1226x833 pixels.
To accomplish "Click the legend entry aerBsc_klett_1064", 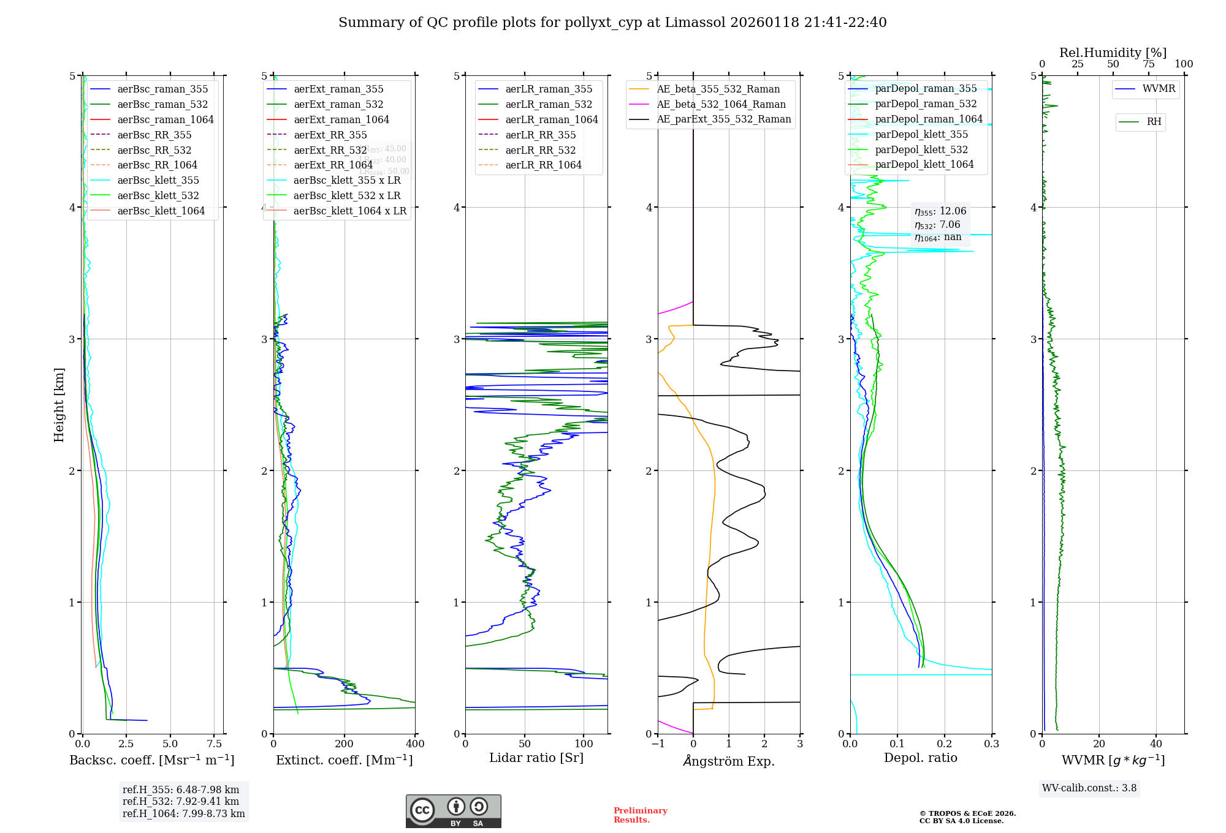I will pos(161,211).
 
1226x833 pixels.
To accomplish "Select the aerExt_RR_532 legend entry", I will pos(330,150).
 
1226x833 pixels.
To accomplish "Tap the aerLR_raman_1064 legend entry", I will pos(551,119).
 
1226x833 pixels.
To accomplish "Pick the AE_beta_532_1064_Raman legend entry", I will pos(721,104).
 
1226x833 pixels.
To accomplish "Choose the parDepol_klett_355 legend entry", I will pos(921,134).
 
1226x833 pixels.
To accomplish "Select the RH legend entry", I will pos(1154,122).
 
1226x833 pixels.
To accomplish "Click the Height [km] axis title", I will pos(59,405).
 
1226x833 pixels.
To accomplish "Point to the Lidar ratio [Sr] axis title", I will pos(536,758).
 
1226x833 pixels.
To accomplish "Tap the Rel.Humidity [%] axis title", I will pos(1113,53).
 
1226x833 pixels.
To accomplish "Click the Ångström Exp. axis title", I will pos(729,761).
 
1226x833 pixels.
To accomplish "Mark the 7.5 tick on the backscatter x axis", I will pos(214,744).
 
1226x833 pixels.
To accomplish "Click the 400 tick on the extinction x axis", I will pos(415,744).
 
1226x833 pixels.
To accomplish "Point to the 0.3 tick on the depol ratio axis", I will pos(991,744).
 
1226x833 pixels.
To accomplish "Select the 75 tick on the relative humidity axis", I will pos(1148,64).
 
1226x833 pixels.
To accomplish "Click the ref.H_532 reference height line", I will pos(181,801).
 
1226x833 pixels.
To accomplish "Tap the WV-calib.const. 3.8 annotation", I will pos(1089,788).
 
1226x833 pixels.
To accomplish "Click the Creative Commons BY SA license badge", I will pos(453,811).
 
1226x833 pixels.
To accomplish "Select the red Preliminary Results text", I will pos(640,815).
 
